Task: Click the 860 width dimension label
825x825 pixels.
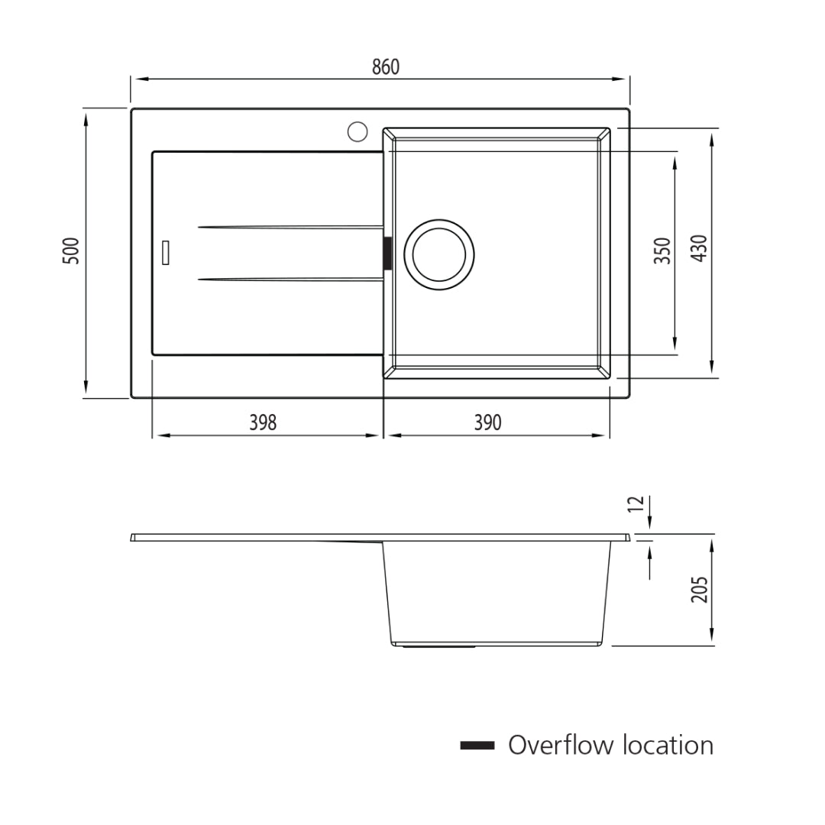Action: coord(386,67)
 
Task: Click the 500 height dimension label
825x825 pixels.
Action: coord(71,251)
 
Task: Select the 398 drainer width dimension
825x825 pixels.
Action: coord(263,422)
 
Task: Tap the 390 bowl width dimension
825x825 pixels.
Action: coord(488,422)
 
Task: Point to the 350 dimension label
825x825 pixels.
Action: coord(662,251)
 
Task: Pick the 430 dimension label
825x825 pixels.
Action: coord(699,248)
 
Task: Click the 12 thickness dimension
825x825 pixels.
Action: coord(636,506)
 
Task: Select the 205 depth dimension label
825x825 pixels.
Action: coord(700,589)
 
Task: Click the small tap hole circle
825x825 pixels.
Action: coord(357,131)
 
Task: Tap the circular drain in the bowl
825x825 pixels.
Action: coord(439,254)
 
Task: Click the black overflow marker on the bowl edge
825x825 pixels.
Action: coord(387,253)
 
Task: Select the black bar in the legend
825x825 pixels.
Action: coord(477,746)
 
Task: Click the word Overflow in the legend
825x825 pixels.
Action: coord(561,745)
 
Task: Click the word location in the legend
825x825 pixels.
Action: coord(668,745)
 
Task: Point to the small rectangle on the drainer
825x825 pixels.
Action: coord(165,253)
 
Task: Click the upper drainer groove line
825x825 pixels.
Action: coord(290,227)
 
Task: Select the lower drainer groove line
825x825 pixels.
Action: coord(290,280)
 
